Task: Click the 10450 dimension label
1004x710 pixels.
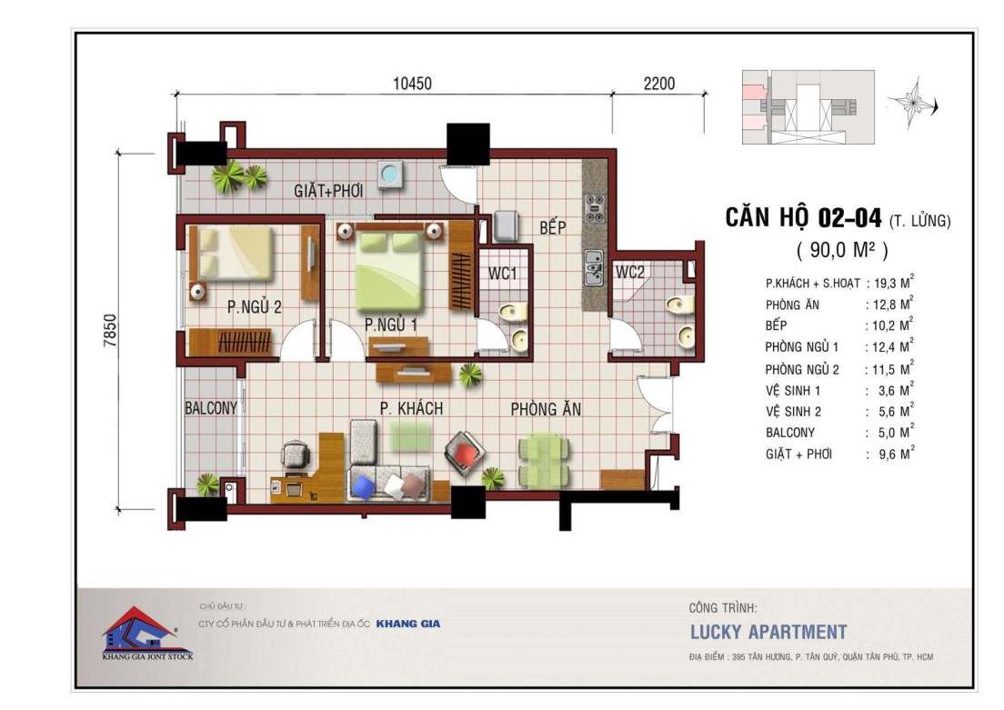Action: pos(412,84)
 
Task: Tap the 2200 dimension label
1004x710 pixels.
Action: pos(658,84)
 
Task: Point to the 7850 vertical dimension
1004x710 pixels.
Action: pos(110,330)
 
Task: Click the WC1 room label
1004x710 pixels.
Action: pos(503,274)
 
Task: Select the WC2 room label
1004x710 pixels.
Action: pos(630,272)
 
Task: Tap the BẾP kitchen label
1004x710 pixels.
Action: pos(552,226)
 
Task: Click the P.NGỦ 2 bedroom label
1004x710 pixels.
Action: pos(255,307)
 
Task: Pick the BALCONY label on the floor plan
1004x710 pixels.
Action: pos(211,408)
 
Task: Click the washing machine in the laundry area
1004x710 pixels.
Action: pos(389,175)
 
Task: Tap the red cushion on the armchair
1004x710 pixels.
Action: pos(466,454)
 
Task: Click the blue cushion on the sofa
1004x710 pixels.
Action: pos(363,486)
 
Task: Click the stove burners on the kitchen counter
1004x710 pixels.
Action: pos(594,208)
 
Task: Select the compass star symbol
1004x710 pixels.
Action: pos(912,103)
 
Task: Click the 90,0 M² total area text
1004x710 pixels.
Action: pos(842,250)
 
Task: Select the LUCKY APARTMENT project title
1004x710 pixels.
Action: pos(768,633)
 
